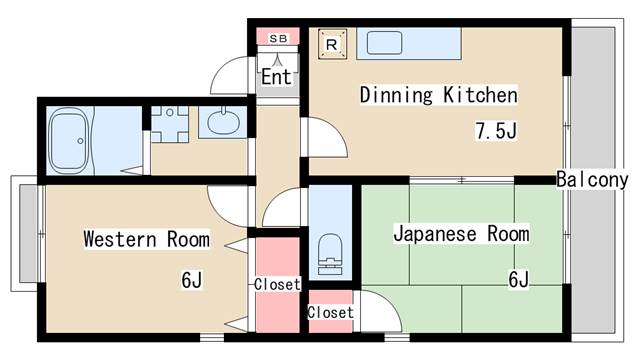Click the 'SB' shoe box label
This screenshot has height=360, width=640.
(x=277, y=38)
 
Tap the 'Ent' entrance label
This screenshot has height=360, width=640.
(x=276, y=77)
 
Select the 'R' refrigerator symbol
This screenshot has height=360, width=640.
(x=332, y=43)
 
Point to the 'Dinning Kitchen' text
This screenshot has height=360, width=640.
(x=438, y=96)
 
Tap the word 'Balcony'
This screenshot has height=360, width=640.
(x=592, y=180)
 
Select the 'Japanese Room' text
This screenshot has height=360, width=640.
(x=461, y=235)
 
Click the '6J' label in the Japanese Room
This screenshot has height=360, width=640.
(x=518, y=279)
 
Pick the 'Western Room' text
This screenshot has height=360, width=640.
(x=146, y=239)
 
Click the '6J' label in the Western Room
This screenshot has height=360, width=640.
(x=192, y=279)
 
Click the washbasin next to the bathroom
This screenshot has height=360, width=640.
(x=219, y=123)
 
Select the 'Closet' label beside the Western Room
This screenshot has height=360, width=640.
(x=277, y=284)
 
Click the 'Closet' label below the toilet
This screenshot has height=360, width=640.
(x=330, y=312)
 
